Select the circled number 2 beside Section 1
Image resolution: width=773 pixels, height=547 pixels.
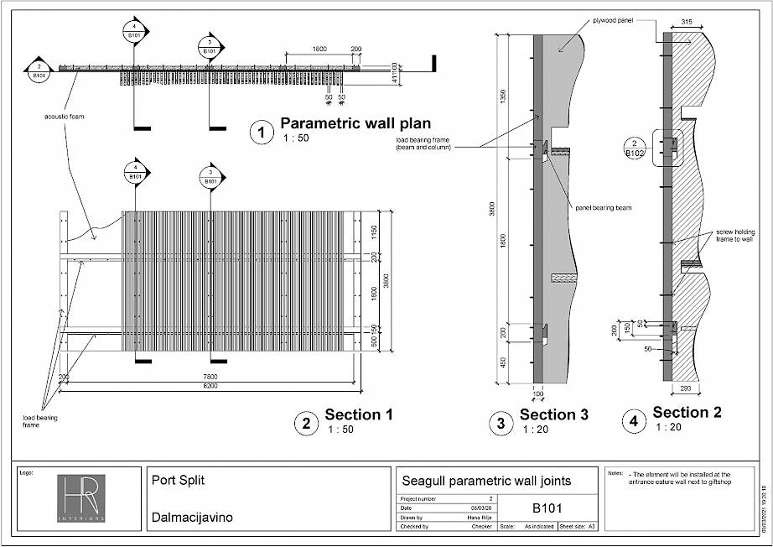click(306, 424)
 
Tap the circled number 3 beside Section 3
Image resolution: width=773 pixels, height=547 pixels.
click(501, 424)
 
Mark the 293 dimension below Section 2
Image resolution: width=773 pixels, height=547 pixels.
click(684, 388)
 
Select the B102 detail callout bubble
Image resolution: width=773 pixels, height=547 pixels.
click(634, 148)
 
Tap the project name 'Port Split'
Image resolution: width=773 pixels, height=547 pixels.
click(178, 482)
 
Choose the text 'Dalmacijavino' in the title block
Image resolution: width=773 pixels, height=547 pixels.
click(192, 518)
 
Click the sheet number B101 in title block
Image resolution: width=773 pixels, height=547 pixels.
click(547, 508)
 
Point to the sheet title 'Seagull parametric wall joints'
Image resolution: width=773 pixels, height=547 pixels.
click(487, 481)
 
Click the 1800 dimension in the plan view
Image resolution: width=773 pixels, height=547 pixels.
click(319, 49)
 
